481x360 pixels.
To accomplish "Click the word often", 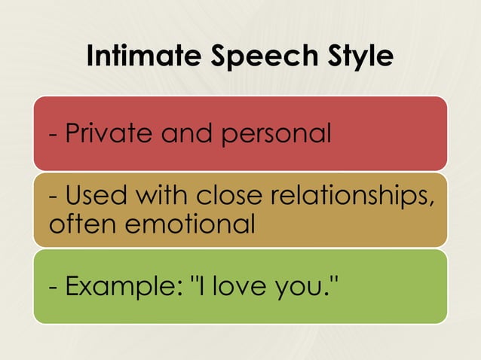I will click(x=78, y=224).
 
